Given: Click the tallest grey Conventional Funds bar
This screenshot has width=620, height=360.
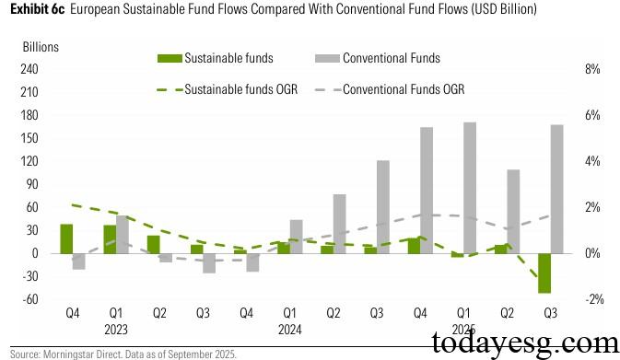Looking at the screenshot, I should (x=470, y=188).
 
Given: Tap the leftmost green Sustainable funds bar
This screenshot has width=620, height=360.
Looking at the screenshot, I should (x=66, y=238).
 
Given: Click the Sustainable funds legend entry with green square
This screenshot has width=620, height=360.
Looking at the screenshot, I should (x=215, y=59).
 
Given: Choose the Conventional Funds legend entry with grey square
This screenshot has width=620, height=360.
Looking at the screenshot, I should (x=376, y=59).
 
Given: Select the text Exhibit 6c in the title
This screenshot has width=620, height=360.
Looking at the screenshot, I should (x=37, y=9).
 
